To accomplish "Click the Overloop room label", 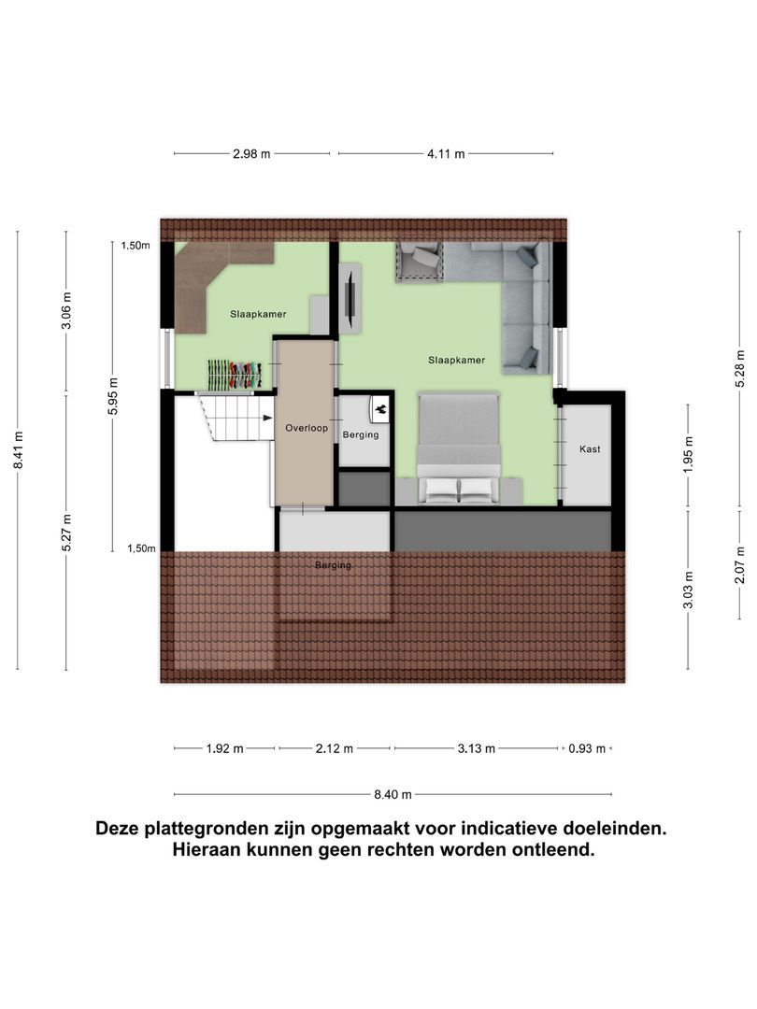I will tap(307, 428).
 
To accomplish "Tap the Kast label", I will tap(590, 449).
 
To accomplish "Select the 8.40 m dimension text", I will tap(393, 795).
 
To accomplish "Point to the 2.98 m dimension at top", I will tap(251, 154).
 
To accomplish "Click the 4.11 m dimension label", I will tap(446, 154).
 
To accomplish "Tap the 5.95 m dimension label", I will tap(113, 395).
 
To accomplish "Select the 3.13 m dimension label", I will tap(476, 748).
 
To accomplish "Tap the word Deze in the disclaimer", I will tap(120, 828).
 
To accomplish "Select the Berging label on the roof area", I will tap(334, 565).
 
